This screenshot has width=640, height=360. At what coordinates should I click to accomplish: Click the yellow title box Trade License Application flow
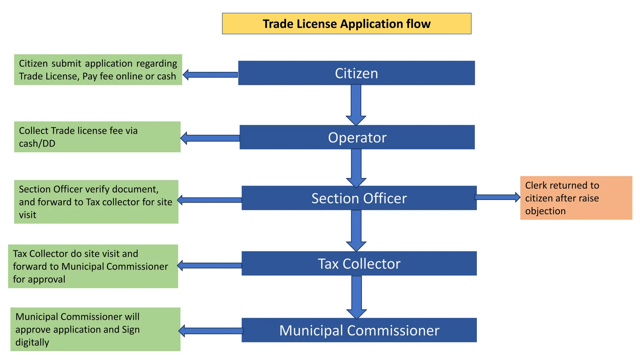point(346,24)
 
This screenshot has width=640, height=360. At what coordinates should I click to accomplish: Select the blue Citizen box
point(356,73)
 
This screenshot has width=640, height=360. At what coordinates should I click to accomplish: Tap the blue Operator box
point(357,137)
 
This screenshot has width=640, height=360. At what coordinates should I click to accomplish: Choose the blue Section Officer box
point(359,198)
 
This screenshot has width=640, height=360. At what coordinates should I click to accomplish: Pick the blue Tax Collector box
point(359,263)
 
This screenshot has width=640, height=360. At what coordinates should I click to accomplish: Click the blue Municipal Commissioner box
point(359,330)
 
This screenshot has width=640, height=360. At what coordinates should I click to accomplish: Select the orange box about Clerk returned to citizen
point(576,198)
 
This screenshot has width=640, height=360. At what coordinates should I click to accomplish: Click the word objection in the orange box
point(545,211)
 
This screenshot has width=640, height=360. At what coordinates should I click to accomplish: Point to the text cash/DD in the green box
point(37,143)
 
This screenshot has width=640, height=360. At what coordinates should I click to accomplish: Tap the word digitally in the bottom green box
point(32,342)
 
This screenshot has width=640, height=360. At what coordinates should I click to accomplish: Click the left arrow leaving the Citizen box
point(210,75)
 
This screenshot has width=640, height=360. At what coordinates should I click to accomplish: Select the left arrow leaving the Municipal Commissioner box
point(211,331)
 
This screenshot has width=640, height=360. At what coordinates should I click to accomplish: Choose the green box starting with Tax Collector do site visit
point(93,266)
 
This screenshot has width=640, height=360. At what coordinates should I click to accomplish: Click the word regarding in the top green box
point(157,63)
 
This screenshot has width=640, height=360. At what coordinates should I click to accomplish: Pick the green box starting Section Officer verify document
point(96,202)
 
